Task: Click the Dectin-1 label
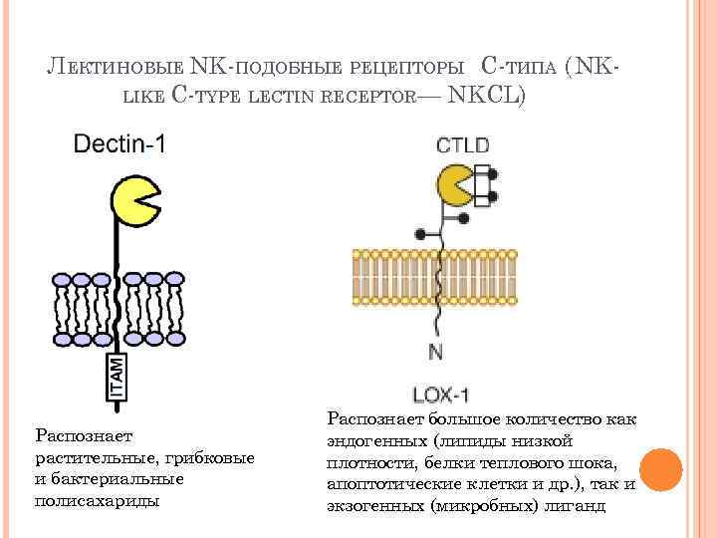point(119,144)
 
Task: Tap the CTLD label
point(462,145)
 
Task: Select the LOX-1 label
point(436,392)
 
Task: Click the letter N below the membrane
point(435,352)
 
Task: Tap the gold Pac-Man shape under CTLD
point(456,185)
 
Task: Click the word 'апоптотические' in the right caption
point(387,484)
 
